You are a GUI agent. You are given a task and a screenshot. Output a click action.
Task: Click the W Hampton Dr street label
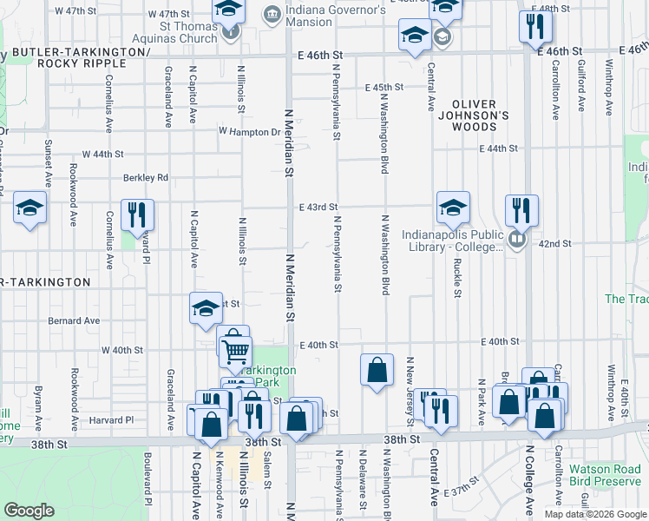pyautogui.click(x=251, y=132)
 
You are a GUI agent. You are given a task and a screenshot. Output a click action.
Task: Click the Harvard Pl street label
pyautogui.click(x=117, y=419)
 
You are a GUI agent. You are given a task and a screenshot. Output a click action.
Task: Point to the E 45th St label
pyautogui.click(x=385, y=88)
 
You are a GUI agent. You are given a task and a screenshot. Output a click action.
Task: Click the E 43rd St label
pyautogui.click(x=318, y=208)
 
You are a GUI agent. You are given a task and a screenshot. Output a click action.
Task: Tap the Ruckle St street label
pyautogui.click(x=456, y=274)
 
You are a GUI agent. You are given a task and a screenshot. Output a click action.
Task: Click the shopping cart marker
pyautogui.click(x=234, y=349)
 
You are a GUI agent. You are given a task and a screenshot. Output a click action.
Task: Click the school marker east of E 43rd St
pyautogui.click(x=452, y=207)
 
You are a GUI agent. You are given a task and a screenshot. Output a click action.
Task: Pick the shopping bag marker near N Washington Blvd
pyautogui.click(x=377, y=369)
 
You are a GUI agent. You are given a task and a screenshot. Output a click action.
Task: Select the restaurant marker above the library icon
pyautogui.click(x=521, y=209)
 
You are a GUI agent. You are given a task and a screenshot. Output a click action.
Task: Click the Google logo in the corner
pyautogui.click(x=29, y=511)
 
